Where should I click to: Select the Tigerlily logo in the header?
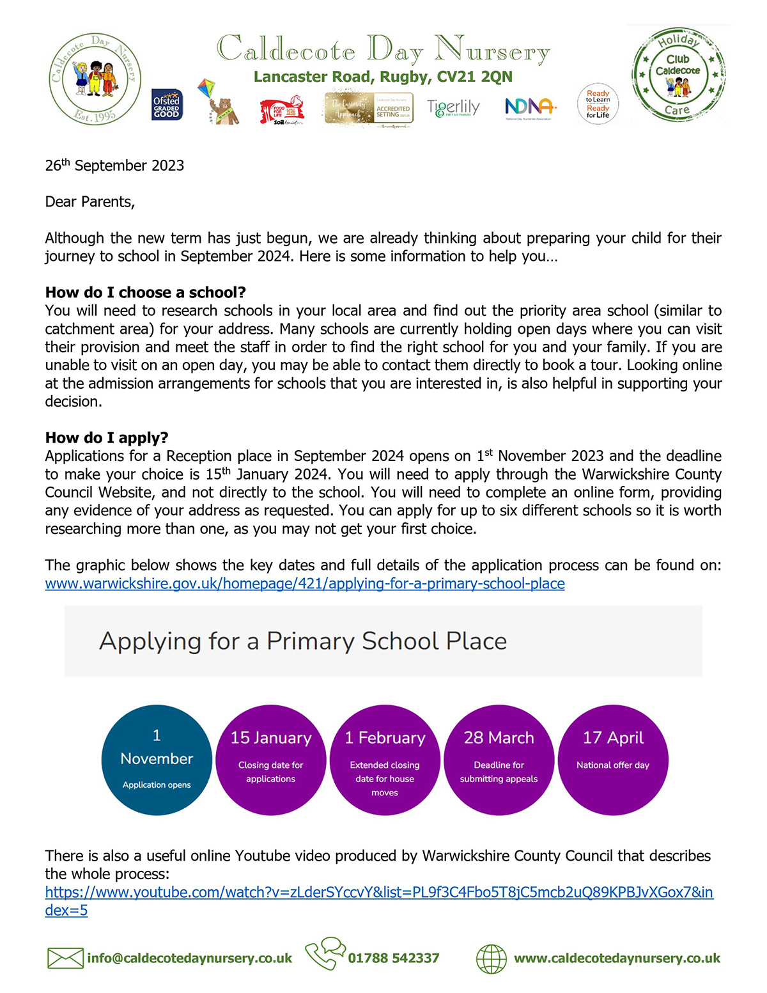click(453, 107)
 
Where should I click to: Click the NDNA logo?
click(530, 107)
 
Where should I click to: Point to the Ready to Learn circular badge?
click(598, 104)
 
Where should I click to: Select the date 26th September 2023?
click(114, 166)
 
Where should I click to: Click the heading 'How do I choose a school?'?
click(145, 292)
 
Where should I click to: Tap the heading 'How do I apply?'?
click(107, 438)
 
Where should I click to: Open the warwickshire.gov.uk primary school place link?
click(305, 584)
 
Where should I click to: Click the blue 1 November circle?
click(157, 760)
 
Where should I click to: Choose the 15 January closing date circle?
click(271, 760)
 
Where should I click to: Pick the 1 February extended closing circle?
click(385, 760)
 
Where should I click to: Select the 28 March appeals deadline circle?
click(499, 760)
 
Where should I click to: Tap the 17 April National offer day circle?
click(613, 760)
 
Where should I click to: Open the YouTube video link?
click(378, 893)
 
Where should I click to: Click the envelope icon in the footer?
click(65, 958)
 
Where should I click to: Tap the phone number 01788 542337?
click(394, 958)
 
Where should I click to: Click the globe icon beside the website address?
click(492, 959)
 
